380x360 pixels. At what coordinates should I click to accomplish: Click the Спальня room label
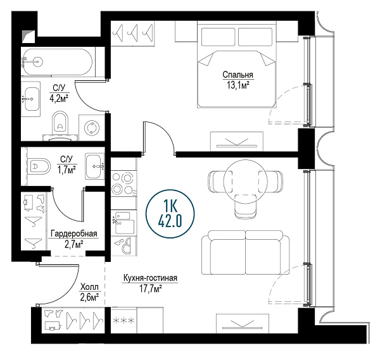coord(237,75)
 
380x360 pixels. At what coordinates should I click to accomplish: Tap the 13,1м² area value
coord(238,85)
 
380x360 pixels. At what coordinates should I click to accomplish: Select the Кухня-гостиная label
coord(151,278)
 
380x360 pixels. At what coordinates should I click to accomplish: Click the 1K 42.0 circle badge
coord(170,213)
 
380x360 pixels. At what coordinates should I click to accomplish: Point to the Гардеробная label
coord(74,233)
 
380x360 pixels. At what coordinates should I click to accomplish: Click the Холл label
coord(89,287)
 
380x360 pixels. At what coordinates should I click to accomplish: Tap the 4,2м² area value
coord(59,98)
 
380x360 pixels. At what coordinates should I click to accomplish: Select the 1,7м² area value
coord(66,170)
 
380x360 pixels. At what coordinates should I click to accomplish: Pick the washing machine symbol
coord(92,127)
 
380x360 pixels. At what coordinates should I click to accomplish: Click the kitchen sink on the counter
coord(124,222)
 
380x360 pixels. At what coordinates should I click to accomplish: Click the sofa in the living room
coord(246,252)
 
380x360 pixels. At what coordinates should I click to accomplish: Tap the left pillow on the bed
coord(218,37)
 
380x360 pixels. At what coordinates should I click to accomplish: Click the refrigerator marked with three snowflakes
coord(124,320)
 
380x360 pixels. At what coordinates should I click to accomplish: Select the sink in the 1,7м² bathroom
coord(94,166)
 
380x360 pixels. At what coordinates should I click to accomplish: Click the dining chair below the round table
coord(246,206)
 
